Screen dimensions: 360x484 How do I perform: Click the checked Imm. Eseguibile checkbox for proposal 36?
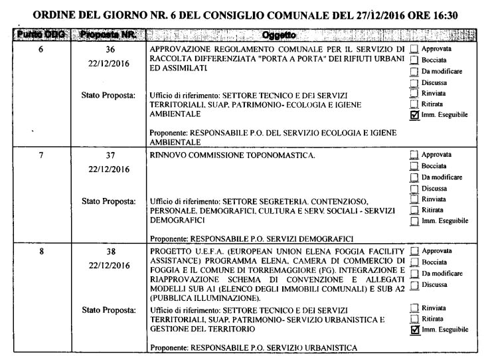[x=415, y=115]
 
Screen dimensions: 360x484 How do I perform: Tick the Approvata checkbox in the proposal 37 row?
[x=415, y=156]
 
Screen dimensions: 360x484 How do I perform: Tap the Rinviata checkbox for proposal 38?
[x=415, y=307]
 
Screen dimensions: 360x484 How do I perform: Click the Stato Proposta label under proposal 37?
[x=108, y=199]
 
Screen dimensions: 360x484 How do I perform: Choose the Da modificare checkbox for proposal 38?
[x=415, y=274]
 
